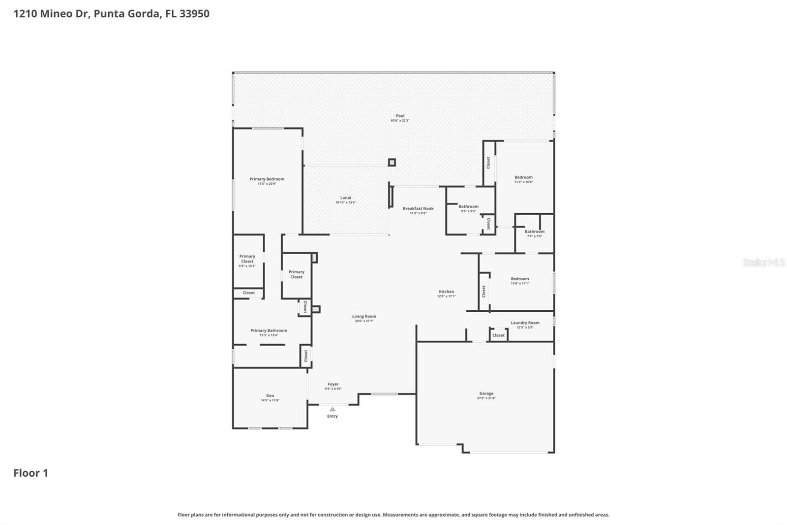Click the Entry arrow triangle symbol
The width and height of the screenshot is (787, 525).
click(333, 409)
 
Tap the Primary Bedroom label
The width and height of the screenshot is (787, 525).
click(267, 179)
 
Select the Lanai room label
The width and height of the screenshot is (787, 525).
click(345, 197)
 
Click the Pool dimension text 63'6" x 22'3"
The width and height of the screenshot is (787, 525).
click(400, 121)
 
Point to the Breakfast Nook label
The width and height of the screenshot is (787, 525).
click(418, 208)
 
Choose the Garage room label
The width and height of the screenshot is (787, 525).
click(486, 394)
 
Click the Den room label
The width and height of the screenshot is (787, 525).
click(270, 395)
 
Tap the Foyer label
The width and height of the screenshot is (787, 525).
click(333, 384)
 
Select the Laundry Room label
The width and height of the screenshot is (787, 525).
click(525, 323)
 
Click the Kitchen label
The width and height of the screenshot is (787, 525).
click(446, 292)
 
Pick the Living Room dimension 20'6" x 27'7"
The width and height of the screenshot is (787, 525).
click(364, 321)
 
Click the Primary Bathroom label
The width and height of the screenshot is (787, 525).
click(269, 330)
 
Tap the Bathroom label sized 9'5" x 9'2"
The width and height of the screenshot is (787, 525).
click(468, 206)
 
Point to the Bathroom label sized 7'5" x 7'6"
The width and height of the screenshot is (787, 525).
click(534, 231)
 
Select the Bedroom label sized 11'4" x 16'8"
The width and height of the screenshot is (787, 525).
click(523, 177)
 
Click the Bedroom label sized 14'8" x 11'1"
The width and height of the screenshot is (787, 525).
click(519, 279)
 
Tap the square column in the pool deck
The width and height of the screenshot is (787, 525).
click(392, 162)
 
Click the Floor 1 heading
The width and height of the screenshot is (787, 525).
click(30, 473)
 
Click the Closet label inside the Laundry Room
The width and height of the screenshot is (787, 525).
click(498, 335)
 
